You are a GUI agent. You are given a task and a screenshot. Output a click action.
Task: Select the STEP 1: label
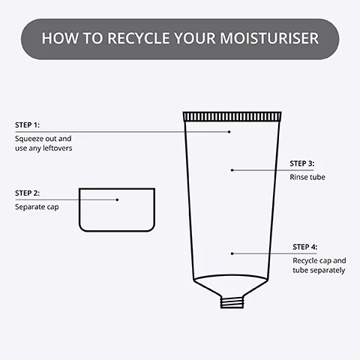pos(26,124)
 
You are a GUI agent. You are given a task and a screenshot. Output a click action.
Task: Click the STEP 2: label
pos(26,193)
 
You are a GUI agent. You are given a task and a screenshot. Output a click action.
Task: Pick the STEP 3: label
pos(302,163)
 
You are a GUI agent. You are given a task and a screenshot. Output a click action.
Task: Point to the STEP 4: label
pos(304,247)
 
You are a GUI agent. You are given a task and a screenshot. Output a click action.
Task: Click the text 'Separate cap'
pos(37,206)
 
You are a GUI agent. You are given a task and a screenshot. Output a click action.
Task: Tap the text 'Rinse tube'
pos(307,176)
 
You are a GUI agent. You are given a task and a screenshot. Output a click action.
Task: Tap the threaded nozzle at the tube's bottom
pos(231,301)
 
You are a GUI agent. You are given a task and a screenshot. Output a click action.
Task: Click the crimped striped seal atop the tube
pos(232,116)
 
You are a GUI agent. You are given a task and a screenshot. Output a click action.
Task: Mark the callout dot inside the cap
pos(117,199)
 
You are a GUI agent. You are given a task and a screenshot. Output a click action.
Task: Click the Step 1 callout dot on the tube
pos(230,131)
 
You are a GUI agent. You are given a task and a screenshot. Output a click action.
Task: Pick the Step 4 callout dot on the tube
pos(232,253)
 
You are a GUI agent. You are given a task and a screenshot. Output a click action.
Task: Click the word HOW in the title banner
pos(58,37)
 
